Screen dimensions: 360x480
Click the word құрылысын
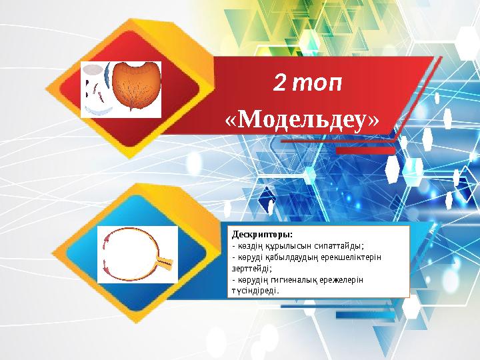coord(280,245)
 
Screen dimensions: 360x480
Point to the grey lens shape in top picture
coord(95,69)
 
